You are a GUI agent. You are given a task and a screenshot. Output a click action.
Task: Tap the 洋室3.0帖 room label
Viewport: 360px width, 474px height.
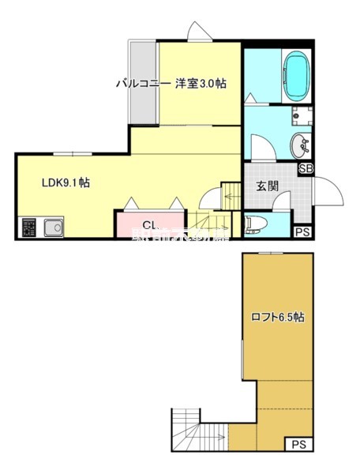[x=201, y=83]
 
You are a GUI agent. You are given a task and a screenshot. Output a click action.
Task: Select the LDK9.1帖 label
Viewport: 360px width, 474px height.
[x=65, y=182]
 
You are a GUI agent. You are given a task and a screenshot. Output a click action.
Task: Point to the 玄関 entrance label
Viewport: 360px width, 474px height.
[x=266, y=186]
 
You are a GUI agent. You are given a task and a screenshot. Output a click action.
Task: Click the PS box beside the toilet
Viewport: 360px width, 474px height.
[x=302, y=231]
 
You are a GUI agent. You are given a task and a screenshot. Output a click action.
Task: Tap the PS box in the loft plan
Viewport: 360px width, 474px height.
[x=297, y=445]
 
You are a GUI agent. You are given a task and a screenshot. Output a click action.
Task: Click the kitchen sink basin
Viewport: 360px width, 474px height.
[x=53, y=228]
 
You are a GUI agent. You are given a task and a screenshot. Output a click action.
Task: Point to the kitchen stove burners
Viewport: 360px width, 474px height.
[x=29, y=228]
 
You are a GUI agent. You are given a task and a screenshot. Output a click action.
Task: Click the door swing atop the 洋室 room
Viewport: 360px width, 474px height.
[x=198, y=30]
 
